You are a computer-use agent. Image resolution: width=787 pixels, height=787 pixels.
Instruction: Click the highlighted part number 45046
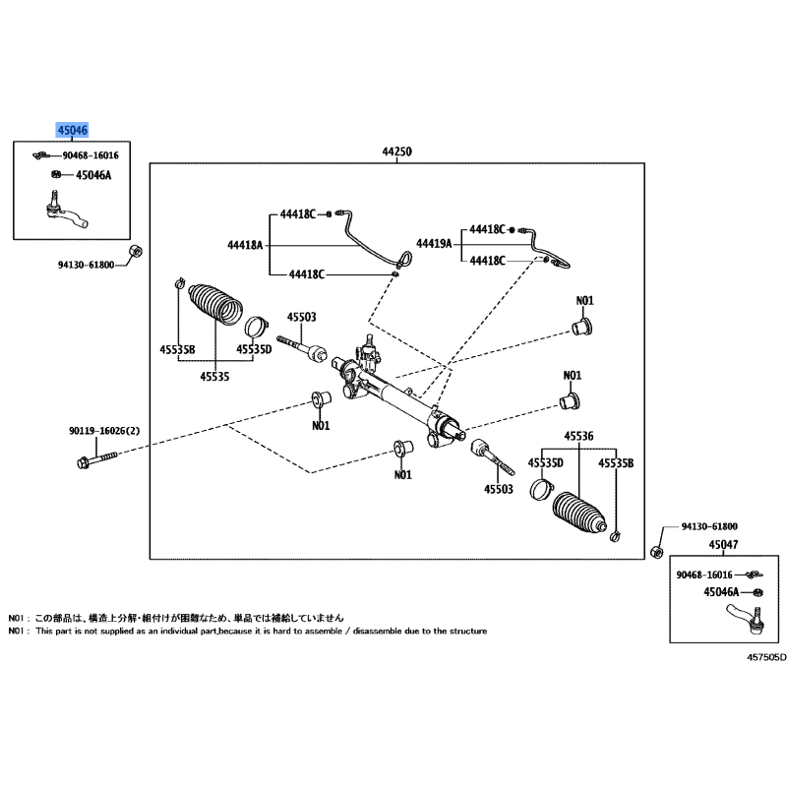pyautogui.click(x=73, y=131)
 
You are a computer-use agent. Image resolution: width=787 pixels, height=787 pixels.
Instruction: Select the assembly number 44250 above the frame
pyautogui.click(x=397, y=151)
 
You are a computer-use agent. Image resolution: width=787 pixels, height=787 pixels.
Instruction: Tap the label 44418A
pyautogui.click(x=245, y=245)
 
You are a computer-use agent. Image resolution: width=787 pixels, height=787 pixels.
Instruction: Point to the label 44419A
pyautogui.click(x=434, y=244)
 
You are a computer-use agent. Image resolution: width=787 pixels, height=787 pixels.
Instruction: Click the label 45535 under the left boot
pyautogui.click(x=214, y=377)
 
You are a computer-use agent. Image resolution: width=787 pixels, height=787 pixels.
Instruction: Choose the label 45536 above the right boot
pyautogui.click(x=578, y=436)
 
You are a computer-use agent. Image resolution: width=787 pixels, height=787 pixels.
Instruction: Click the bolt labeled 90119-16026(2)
pyautogui.click(x=97, y=459)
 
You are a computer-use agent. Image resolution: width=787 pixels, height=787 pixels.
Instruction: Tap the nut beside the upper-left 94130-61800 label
pyautogui.click(x=135, y=251)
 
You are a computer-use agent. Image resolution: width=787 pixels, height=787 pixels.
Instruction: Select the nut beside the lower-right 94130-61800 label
pyautogui.click(x=657, y=552)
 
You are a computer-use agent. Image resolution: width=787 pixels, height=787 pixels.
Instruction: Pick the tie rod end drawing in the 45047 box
pyautogui.click(x=747, y=619)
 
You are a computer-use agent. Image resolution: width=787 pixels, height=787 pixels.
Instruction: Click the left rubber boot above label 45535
pyautogui.click(x=215, y=304)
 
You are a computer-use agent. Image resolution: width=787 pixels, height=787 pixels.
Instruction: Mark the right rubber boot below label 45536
pyautogui.click(x=579, y=513)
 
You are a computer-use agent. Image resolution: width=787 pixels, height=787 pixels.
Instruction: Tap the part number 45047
pyautogui.click(x=723, y=545)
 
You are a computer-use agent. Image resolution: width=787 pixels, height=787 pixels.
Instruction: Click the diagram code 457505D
pyautogui.click(x=766, y=657)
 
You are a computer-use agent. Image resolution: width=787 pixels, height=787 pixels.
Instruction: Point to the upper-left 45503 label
pyautogui.click(x=302, y=317)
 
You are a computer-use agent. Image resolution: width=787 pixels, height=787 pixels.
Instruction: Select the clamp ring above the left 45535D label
pyautogui.click(x=256, y=327)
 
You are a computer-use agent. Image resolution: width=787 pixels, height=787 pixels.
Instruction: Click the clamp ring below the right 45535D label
pyautogui.click(x=541, y=489)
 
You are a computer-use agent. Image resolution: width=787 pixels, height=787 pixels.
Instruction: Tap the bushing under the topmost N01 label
pyautogui.click(x=582, y=327)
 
